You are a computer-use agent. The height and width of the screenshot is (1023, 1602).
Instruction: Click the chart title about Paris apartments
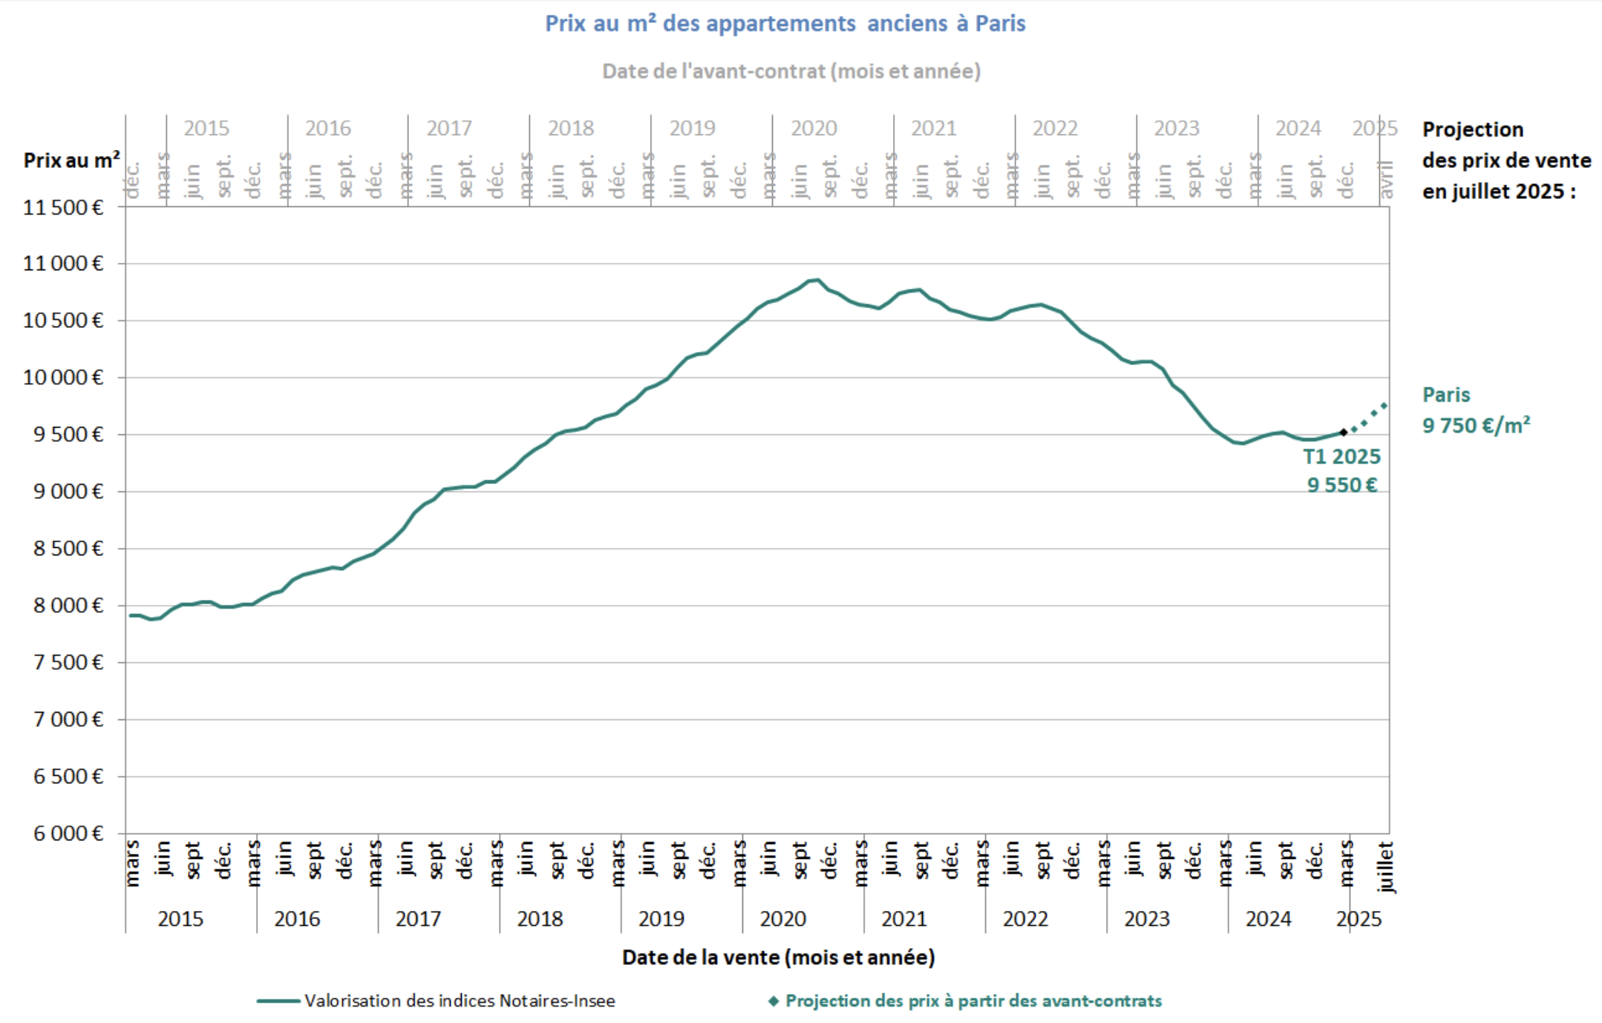[x=785, y=24]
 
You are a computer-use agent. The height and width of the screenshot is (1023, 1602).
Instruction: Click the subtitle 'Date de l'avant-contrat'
[x=791, y=71]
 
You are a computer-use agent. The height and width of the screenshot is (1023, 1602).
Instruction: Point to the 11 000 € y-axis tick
[x=63, y=264]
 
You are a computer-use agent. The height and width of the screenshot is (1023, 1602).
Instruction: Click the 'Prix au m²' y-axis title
[x=71, y=160]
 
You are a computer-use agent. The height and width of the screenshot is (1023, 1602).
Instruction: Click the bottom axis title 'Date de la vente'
[x=778, y=958]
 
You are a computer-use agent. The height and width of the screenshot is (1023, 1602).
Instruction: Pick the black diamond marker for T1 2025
[x=1343, y=432]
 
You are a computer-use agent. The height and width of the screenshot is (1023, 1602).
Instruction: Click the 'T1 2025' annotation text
[x=1341, y=457]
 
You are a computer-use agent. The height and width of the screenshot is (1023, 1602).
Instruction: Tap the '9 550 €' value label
[x=1341, y=486]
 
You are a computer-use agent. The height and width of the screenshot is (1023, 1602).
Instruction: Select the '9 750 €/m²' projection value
[x=1475, y=425]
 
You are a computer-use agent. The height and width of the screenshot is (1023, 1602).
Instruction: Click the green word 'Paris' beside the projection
[x=1445, y=395]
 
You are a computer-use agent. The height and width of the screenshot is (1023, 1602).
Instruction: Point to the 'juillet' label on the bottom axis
[x=1385, y=866]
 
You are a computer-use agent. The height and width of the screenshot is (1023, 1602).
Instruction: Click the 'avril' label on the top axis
[x=1385, y=180]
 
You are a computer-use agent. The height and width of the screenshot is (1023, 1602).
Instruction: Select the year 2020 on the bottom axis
[x=782, y=919]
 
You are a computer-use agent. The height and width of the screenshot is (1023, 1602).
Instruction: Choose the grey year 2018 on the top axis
[x=570, y=128]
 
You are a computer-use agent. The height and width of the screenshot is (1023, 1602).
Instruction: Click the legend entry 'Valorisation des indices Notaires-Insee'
[x=459, y=1001]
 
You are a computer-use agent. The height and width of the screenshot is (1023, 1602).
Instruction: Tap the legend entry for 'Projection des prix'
[x=972, y=1001]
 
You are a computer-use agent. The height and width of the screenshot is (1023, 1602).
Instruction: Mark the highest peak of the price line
[x=817, y=280]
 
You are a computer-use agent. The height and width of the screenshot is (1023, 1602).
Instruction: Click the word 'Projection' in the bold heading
[x=1472, y=130]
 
